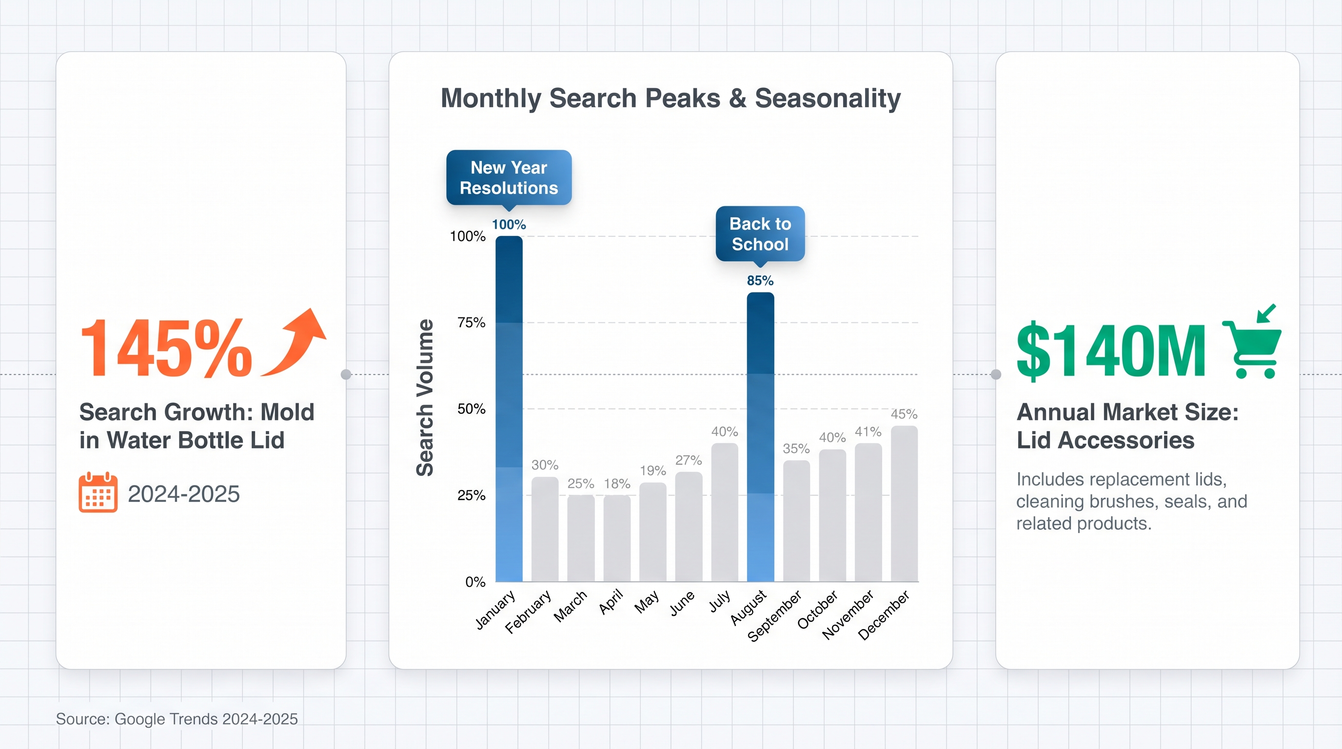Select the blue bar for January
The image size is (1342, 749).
coord(509,409)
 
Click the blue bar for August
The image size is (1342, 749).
coord(760,437)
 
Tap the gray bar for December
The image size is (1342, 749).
coord(904,504)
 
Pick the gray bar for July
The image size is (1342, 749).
coord(724,512)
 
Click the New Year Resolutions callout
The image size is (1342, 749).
coord(509,177)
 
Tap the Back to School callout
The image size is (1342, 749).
coord(760,234)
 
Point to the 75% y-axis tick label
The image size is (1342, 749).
coord(472,322)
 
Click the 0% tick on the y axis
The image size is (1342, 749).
coord(475,582)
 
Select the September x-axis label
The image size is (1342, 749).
coord(775,616)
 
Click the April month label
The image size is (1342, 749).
coord(611,602)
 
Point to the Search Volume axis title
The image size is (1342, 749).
coord(425,398)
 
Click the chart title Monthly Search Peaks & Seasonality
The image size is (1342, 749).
coord(671,98)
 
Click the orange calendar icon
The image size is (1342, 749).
coord(98,492)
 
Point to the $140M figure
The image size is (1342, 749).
coord(1111,350)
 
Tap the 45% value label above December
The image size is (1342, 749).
coord(904,414)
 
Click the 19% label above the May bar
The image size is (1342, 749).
coord(653,471)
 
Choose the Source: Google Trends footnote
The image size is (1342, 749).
coord(177,719)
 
